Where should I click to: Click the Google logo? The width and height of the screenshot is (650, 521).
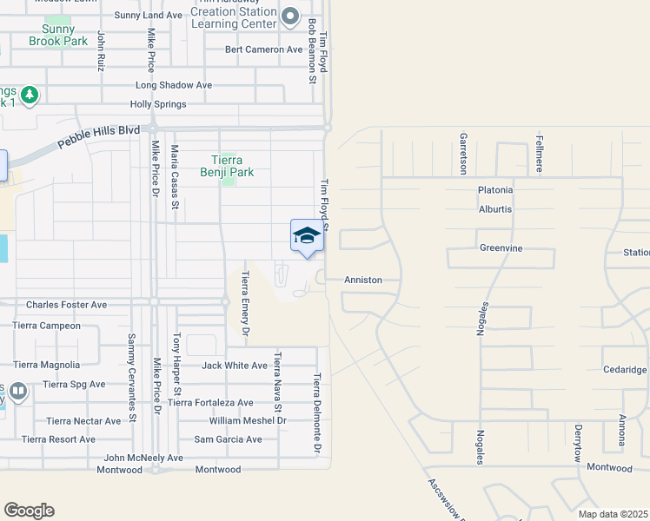click(x=29, y=511)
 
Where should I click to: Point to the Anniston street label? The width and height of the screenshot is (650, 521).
click(x=363, y=280)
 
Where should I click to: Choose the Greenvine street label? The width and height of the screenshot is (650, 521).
click(x=501, y=247)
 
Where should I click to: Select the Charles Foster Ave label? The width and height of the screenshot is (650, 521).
click(x=66, y=305)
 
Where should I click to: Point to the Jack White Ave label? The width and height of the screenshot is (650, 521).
click(x=235, y=366)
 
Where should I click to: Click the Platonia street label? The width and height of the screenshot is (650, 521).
click(x=495, y=189)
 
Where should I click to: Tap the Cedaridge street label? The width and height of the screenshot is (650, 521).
click(x=625, y=369)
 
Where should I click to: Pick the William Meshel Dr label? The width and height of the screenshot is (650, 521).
click(x=248, y=420)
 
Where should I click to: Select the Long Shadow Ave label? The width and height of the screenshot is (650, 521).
click(x=174, y=85)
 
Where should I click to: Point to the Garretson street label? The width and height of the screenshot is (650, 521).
click(x=464, y=152)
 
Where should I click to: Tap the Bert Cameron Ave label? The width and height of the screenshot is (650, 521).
click(x=263, y=49)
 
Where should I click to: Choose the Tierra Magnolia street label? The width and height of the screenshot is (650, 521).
click(x=46, y=366)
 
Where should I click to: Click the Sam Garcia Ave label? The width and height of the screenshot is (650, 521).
click(x=228, y=439)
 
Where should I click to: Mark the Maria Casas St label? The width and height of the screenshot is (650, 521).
click(x=175, y=177)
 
